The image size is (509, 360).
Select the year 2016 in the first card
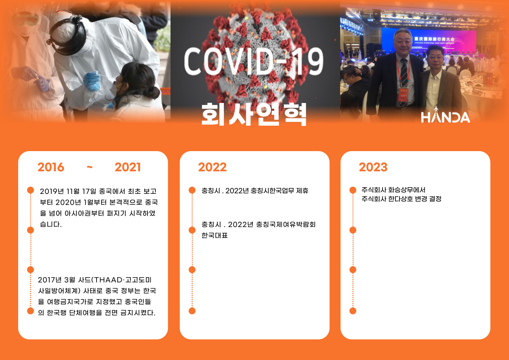[51, 167]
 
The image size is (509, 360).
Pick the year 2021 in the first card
[128, 167]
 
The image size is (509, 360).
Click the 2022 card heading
[212, 167]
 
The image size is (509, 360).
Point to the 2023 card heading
[373, 167]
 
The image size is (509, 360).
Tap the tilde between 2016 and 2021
[89, 167]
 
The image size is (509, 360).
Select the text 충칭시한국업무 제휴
[280, 191]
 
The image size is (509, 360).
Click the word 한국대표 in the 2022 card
[215, 235]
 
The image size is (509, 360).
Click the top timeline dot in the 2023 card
[353, 190]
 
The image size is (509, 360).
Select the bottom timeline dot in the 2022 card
[192, 311]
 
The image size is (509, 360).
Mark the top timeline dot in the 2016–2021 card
[30, 190]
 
